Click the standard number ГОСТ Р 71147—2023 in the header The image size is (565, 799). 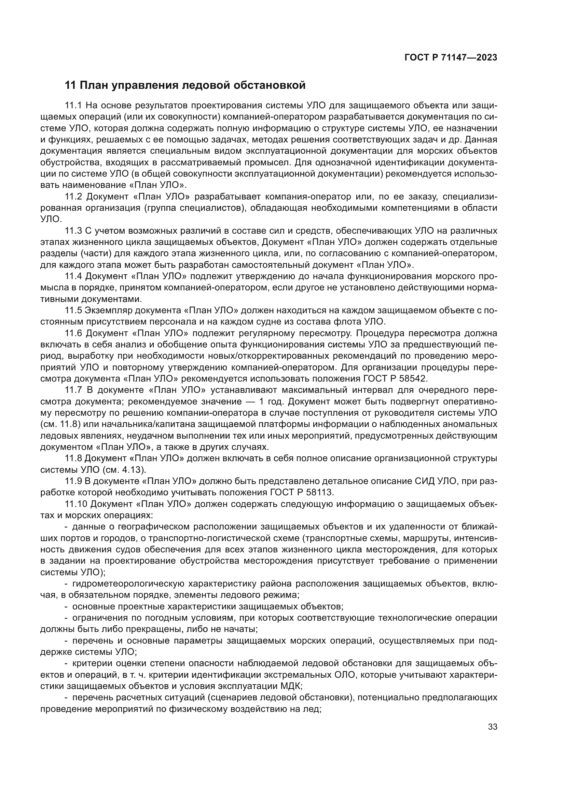[451, 58]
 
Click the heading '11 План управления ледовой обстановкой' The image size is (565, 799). [185, 85]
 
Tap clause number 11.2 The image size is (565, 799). [73, 197]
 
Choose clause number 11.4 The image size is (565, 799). [73, 276]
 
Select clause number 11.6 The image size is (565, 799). [73, 333]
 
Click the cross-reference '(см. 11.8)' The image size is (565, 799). [58, 425]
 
